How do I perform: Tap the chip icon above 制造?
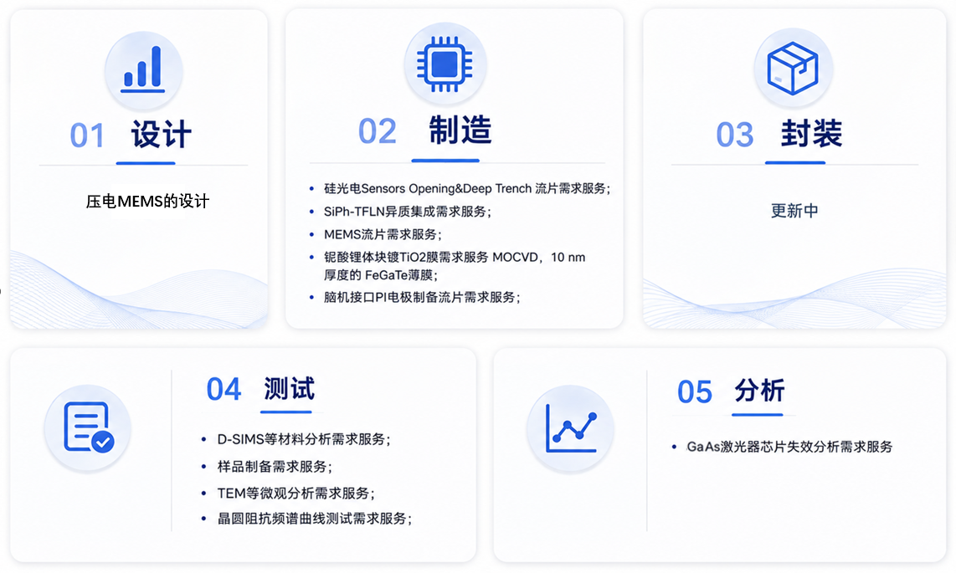(x=445, y=64)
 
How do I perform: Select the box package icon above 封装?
(x=793, y=69)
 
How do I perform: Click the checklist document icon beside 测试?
(x=89, y=427)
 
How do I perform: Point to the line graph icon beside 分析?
(x=571, y=428)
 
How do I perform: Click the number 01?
(x=87, y=136)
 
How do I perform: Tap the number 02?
(x=378, y=131)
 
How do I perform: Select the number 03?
(x=735, y=135)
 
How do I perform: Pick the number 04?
(x=224, y=389)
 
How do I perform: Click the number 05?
(x=695, y=391)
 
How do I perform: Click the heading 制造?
(x=460, y=130)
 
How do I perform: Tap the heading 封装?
(x=811, y=133)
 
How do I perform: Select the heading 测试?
(x=289, y=388)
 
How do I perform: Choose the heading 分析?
(x=759, y=391)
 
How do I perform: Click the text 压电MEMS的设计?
(x=147, y=201)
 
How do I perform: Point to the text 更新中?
(x=794, y=211)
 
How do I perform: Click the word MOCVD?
(x=515, y=257)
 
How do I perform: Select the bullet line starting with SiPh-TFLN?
(x=408, y=212)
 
